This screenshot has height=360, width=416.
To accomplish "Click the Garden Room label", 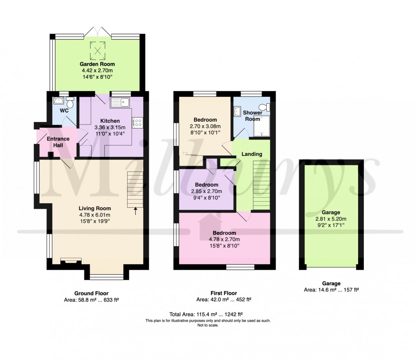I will pos(97,64).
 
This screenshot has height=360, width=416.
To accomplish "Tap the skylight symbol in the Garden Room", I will pos(97,50).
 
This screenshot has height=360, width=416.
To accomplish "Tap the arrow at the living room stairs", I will pos(136,210).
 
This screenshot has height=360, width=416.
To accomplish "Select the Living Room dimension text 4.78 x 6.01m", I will pos(95,215).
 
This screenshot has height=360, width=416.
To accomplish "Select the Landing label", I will pos(252,154).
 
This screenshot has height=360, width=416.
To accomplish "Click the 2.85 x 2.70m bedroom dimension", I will pos(206,191).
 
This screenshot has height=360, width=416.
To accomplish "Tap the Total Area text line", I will pos(206,314).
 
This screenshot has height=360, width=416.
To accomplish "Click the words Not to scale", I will pos(208,325).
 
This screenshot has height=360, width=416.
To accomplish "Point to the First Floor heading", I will pos(223,293).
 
